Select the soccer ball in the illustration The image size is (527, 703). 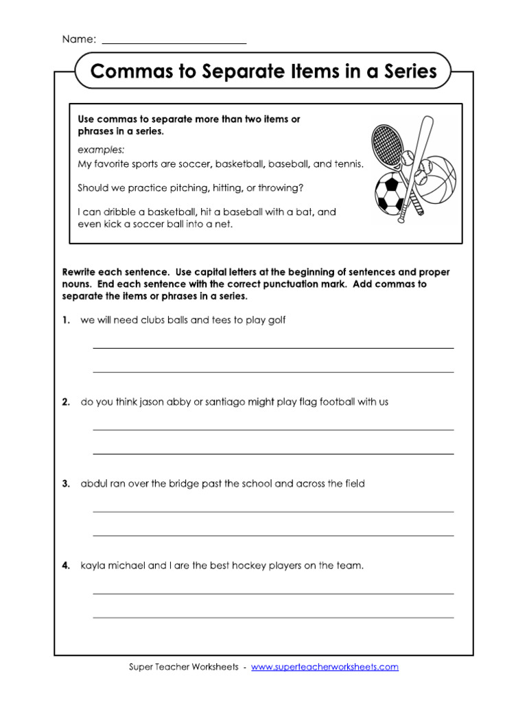coord(390,193)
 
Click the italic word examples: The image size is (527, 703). coord(101,149)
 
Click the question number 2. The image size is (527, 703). coord(66,402)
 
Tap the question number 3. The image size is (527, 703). coord(66,484)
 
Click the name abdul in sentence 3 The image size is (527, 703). coord(94,484)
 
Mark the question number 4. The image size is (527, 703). coord(66,566)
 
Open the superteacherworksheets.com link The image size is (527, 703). coord(325,667)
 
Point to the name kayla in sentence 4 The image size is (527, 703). coord(93,566)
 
